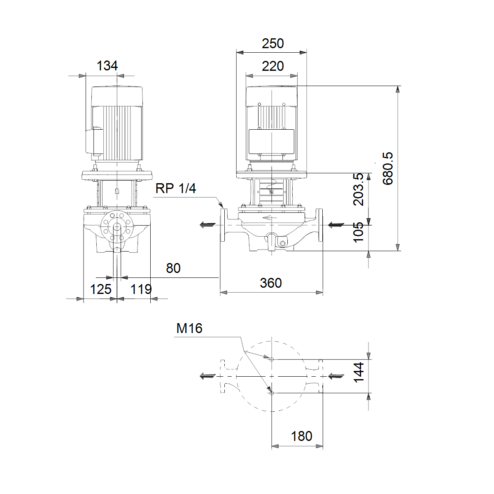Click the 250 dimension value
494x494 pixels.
pos(273,44)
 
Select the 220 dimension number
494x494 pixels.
pos(273,66)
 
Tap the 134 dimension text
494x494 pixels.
pos(107,65)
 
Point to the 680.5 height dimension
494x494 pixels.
pos(388,168)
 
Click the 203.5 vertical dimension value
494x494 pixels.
pos(359,189)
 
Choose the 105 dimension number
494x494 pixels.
pos(359,232)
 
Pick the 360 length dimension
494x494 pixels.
pos(271,283)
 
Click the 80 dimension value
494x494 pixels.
pos(173,268)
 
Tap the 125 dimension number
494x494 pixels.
pos(101,289)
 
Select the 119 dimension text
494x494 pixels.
pos(141,289)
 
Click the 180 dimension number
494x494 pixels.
pos(301,436)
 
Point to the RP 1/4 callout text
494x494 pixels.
pos(176,189)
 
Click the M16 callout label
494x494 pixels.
pos(189,328)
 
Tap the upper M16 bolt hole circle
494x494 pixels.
pos(272,359)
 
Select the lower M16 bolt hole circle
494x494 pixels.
pos(272,393)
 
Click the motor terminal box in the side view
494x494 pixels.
pos(271,142)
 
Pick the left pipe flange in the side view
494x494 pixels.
pos(223,225)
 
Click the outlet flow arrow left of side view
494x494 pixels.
pos(207,225)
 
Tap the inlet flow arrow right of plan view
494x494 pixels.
pos(336,376)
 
